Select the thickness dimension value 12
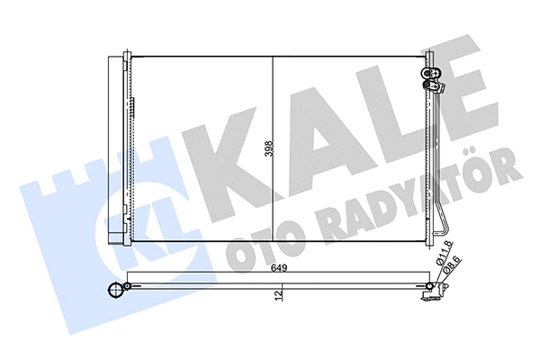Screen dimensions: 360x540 tap(280, 293)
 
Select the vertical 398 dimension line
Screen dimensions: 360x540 tap(273, 148)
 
